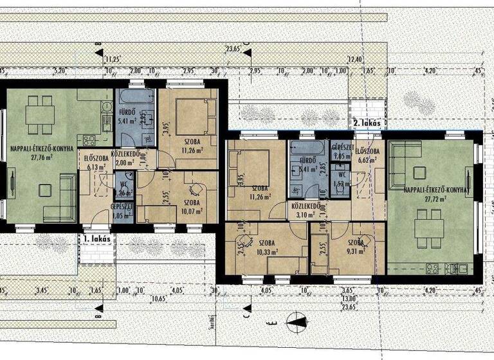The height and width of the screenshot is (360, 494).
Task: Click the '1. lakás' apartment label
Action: click(x=96, y=238)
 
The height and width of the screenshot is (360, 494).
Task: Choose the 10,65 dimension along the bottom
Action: click(x=161, y=298)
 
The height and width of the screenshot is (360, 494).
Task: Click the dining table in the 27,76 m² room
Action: click(x=41, y=116)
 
